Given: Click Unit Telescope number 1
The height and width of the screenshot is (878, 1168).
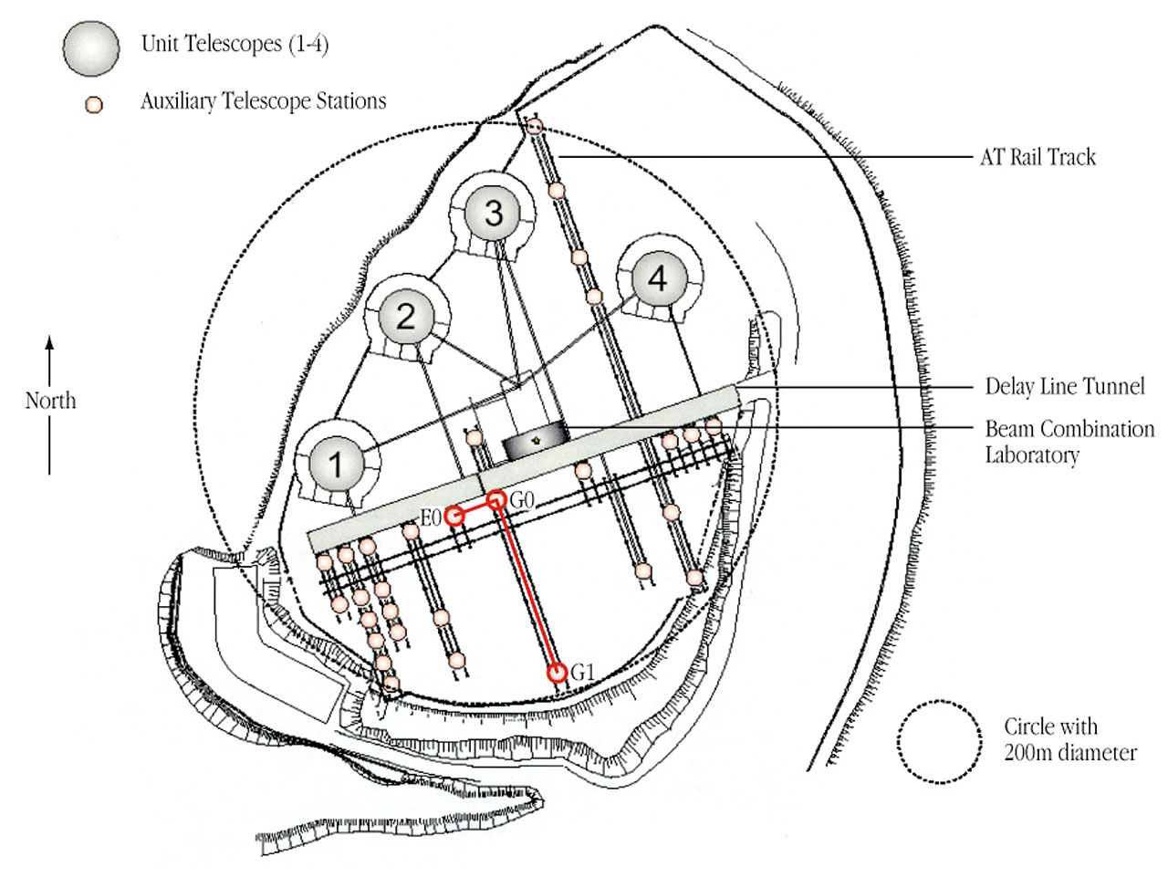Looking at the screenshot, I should [337, 464].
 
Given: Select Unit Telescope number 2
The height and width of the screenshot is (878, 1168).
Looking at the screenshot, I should [406, 316].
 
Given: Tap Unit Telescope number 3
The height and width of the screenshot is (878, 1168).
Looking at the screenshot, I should [493, 213].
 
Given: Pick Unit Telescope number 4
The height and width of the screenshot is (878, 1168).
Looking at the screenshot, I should [657, 278].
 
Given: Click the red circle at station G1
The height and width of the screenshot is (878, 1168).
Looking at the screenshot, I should [558, 673].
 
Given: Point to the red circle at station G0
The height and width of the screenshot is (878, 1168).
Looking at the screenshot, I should [496, 499].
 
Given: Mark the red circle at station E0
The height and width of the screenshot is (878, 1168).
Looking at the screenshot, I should [454, 517].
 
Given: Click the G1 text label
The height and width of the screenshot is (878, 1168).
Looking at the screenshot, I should [582, 673].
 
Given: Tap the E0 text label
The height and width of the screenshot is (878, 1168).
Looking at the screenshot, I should [431, 518].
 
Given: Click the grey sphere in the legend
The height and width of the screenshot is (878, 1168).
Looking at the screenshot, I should [90, 47].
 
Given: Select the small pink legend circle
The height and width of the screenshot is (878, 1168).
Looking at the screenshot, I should [93, 104].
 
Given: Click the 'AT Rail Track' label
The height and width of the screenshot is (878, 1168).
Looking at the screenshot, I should [1038, 157].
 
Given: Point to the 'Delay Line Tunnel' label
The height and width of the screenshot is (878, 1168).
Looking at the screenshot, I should [1064, 386].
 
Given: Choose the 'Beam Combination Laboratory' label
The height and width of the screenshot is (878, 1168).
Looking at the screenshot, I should [1069, 441].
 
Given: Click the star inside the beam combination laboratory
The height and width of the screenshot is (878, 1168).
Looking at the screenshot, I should [536, 442].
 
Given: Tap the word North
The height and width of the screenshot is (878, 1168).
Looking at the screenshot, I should [50, 401].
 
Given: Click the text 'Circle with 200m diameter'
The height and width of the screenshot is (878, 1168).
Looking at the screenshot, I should [1069, 740].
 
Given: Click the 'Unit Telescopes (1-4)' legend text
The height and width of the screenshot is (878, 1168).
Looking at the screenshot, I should [235, 44].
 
